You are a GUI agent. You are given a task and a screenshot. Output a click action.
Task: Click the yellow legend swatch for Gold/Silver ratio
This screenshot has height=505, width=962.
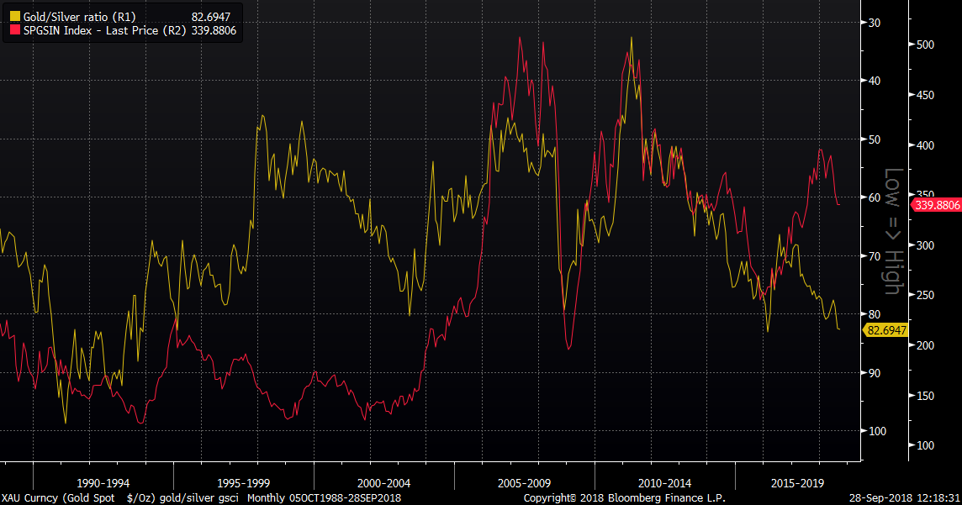(x=14, y=16)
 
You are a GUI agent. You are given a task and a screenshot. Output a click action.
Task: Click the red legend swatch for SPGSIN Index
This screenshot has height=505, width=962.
(x=14, y=30)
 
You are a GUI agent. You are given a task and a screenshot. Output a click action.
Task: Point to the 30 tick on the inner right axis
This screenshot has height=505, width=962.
(x=875, y=22)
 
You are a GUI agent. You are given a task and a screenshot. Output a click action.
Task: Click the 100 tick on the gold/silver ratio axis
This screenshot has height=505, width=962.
(x=877, y=431)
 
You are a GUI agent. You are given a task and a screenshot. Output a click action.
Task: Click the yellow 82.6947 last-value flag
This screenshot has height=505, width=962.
(x=886, y=330)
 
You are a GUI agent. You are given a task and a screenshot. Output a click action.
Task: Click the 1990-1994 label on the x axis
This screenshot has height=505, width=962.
(x=103, y=483)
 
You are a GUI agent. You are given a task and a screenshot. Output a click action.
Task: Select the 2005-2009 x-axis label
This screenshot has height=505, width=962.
(x=523, y=483)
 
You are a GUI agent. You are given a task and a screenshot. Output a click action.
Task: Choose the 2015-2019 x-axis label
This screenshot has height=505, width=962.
(x=798, y=483)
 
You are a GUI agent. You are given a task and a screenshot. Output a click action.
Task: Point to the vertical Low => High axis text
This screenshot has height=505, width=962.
(x=893, y=231)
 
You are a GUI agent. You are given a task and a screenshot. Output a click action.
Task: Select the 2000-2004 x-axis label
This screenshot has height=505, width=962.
(x=383, y=483)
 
